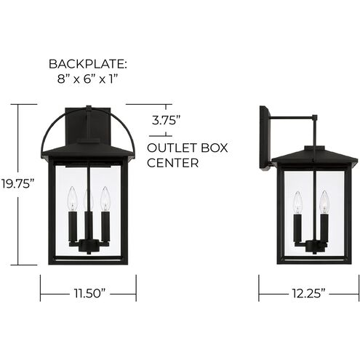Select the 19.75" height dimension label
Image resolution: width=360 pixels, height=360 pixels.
17,183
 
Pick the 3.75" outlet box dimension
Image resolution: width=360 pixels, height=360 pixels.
166,121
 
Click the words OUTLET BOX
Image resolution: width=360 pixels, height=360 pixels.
188,148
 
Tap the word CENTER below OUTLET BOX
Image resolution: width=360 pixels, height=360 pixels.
173,163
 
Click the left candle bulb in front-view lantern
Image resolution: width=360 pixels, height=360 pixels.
71,198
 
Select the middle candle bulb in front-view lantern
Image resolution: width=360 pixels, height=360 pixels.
87,201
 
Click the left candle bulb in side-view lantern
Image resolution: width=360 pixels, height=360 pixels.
297,201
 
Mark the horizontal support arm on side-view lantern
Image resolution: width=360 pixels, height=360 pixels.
295,117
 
